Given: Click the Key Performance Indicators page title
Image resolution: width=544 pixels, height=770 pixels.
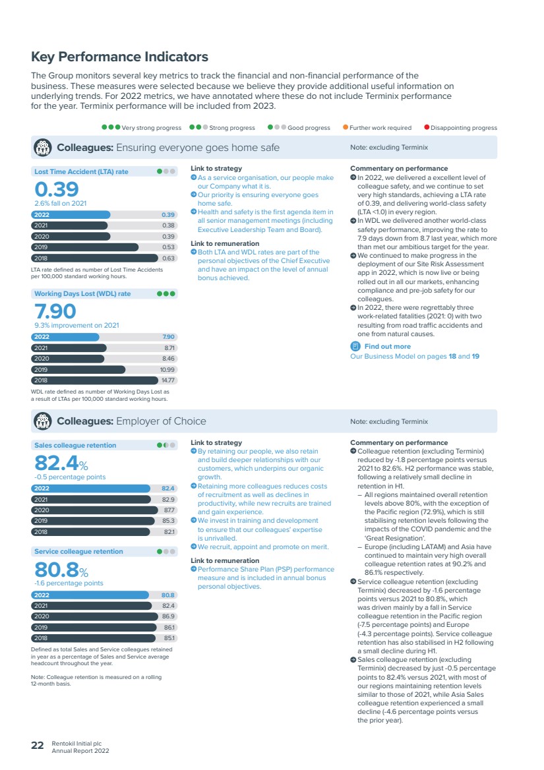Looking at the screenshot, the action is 119,57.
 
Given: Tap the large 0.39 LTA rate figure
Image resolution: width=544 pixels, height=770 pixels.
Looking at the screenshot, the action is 57,190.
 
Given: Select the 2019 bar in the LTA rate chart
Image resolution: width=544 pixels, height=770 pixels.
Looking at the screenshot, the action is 84,247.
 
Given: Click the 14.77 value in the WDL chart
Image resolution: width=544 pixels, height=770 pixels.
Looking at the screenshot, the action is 168,380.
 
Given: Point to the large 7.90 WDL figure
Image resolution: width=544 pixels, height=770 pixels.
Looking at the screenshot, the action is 55,311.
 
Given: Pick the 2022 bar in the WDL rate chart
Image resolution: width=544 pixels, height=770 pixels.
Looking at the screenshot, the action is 65,337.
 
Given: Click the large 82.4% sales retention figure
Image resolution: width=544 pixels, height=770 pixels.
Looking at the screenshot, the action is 61,463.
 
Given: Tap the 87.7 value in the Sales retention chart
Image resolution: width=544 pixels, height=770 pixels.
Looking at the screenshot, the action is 169,510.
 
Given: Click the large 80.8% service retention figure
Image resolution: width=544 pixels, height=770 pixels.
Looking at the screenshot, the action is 61,570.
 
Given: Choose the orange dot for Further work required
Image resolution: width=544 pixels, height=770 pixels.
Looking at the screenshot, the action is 346,127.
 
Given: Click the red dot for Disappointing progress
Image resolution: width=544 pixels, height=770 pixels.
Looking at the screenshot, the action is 427,127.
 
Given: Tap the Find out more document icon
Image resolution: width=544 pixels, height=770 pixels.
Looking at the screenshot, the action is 355,346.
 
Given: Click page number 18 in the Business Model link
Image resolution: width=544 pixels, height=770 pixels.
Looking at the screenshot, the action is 452,357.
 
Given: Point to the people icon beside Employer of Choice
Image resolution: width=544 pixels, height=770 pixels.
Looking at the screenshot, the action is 43,421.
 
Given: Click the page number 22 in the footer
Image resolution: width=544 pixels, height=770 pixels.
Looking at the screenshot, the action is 38,746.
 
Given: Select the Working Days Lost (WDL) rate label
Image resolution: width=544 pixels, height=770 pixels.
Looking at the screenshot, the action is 82,293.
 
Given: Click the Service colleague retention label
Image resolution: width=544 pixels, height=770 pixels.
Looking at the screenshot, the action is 78,552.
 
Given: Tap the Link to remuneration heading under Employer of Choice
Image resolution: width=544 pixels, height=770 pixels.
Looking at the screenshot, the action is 225,560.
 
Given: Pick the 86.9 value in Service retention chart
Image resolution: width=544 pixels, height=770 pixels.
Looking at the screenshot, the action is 168,616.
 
